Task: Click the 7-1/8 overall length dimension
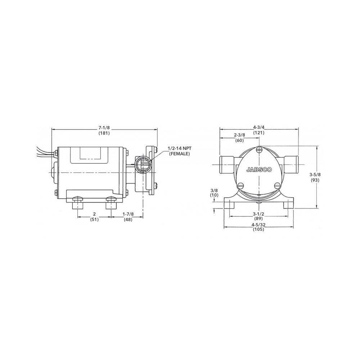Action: (x=104, y=128)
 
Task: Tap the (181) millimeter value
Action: (x=104, y=133)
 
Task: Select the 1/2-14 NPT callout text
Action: (x=180, y=149)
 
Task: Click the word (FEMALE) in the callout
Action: (x=180, y=154)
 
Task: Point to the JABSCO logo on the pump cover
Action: (x=259, y=170)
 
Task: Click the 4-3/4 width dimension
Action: (x=259, y=127)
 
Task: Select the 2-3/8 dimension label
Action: (x=239, y=135)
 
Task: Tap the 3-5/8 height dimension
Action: (x=315, y=175)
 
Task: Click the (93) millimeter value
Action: (x=315, y=180)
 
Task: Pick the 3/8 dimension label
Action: (x=214, y=190)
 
